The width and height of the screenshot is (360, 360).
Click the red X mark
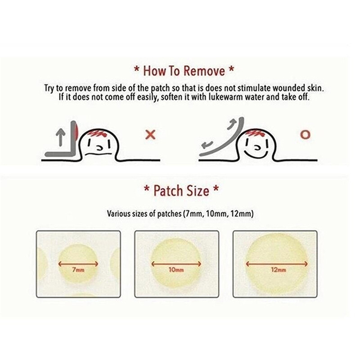pyautogui.click(x=151, y=135)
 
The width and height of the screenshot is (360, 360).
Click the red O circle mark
pyautogui.click(x=305, y=135)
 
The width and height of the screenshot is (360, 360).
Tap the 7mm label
pyautogui.click(x=78, y=270)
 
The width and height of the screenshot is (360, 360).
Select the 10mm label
pyautogui.click(x=176, y=270)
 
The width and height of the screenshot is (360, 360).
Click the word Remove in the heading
pyautogui.click(x=204, y=71)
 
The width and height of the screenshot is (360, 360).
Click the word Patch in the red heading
pyautogui.click(x=169, y=190)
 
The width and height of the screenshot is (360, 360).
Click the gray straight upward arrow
pyautogui.click(x=60, y=137)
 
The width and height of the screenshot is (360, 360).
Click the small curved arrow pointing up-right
pyautogui.click(x=231, y=125)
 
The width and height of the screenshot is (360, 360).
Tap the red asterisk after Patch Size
pyautogui.click(x=216, y=188)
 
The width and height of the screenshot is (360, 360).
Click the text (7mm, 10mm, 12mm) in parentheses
pyautogui.click(x=218, y=214)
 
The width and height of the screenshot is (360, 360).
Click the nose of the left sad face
pyautogui.click(x=99, y=148)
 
